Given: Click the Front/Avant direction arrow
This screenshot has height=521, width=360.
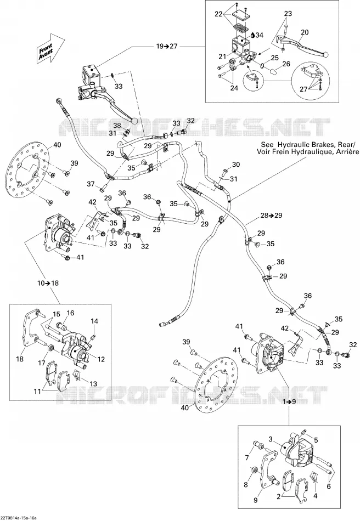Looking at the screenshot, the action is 50,48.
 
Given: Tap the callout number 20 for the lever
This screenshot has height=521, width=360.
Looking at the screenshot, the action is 305,32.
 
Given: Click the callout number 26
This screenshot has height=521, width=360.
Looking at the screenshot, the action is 286,64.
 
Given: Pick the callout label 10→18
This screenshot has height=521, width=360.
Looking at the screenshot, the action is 48,283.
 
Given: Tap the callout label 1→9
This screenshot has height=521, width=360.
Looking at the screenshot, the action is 289,401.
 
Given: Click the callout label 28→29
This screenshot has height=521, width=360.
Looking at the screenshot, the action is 271,216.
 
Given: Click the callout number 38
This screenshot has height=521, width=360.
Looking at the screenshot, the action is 117,126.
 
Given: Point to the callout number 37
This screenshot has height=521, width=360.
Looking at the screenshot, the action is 91,184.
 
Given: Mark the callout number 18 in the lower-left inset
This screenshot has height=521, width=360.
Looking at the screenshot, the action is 20,359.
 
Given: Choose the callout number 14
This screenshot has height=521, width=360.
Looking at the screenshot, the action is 94,321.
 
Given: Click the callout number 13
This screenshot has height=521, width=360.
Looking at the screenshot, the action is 93,384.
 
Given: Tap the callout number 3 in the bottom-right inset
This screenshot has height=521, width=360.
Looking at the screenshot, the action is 271,439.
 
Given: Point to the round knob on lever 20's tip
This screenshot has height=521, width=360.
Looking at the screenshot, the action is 327,54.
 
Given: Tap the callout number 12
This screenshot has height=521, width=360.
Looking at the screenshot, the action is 101,359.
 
